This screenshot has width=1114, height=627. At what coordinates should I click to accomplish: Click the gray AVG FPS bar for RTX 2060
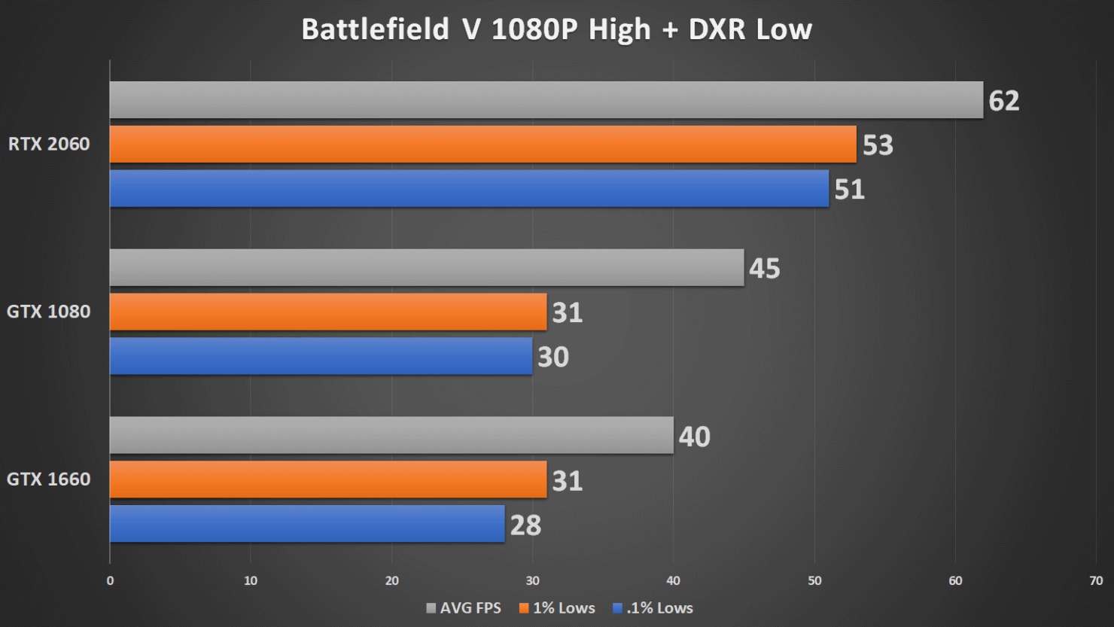[x=546, y=100]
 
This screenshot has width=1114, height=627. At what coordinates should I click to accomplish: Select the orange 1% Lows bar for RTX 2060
[x=482, y=144]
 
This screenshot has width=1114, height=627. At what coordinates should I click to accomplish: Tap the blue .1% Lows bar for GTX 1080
[x=321, y=356]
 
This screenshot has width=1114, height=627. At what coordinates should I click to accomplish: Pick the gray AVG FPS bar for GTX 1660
[x=391, y=435]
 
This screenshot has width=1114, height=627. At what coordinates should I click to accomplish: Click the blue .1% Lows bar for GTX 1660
[x=307, y=524]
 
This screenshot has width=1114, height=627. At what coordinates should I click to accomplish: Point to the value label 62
[x=1004, y=101]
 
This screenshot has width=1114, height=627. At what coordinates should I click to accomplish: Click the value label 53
[x=878, y=145]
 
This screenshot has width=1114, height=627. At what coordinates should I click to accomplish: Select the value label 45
[x=765, y=269]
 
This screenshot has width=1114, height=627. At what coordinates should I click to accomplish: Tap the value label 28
[x=525, y=525]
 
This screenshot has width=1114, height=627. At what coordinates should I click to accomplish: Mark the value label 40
[x=694, y=437]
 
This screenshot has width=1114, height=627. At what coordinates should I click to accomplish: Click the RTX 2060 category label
[x=49, y=144]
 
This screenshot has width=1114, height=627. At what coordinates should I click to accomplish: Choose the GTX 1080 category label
[x=49, y=312]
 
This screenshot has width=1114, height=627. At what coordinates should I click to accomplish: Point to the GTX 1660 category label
[x=49, y=479]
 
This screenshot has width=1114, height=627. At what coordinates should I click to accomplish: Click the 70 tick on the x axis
[x=1096, y=580]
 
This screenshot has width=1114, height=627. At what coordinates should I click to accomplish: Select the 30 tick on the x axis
[x=533, y=580]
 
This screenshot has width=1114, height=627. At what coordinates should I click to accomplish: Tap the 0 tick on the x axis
[x=110, y=580]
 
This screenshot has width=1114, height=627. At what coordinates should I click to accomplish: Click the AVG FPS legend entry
[x=464, y=608]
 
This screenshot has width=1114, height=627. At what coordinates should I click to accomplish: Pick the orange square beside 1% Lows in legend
[x=524, y=608]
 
